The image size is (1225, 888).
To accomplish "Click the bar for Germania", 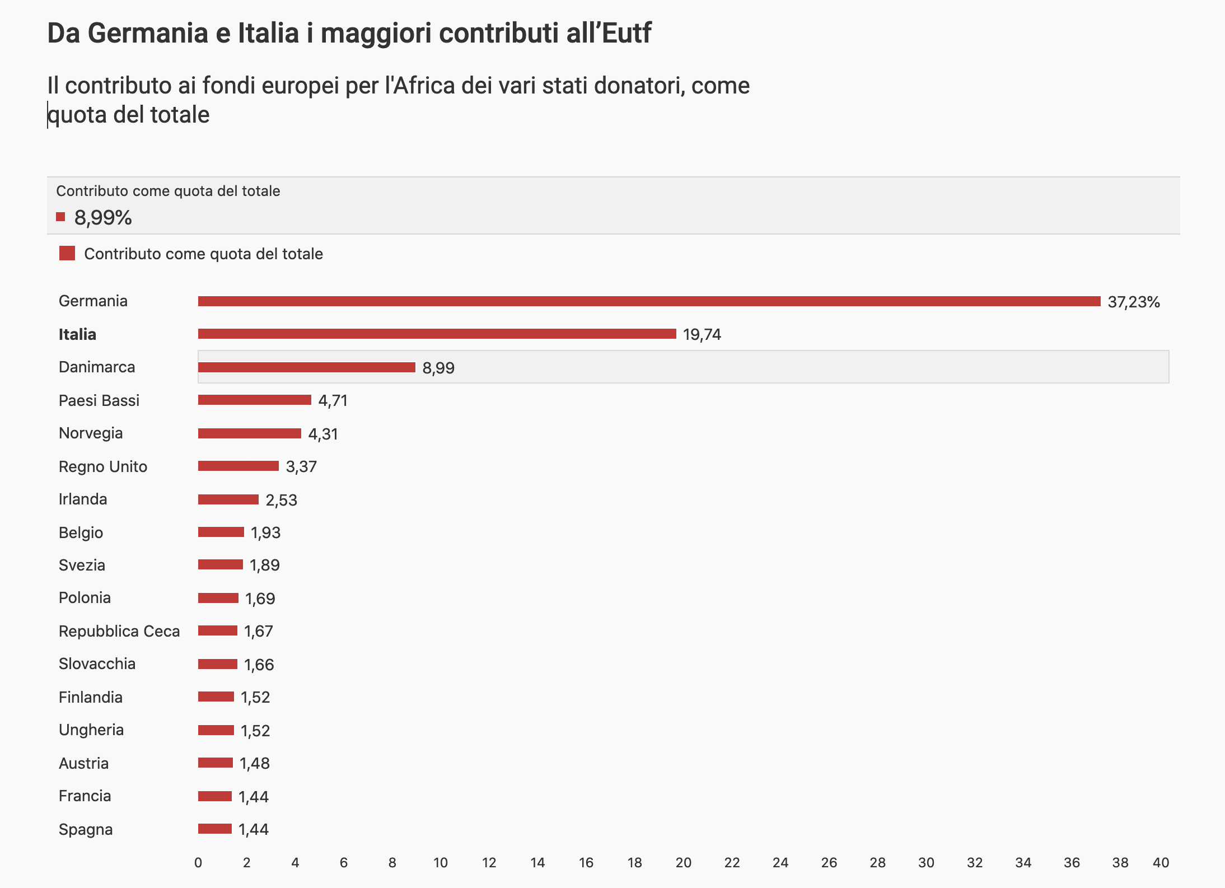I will [x=649, y=301].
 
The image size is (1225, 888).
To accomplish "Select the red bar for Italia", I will [x=437, y=334].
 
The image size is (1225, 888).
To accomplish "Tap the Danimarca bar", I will [x=306, y=367].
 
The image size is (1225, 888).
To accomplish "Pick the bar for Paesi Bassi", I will [x=254, y=400].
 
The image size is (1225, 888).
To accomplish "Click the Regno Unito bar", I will [x=238, y=466].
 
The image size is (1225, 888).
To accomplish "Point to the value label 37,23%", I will [x=1133, y=302].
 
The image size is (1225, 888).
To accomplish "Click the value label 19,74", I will [x=702, y=334].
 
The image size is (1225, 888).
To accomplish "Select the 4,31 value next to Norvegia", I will [x=322, y=434].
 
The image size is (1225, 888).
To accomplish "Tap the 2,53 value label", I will [x=281, y=500].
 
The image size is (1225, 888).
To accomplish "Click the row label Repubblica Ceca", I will [x=119, y=631].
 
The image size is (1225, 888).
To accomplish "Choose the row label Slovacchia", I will [x=97, y=663].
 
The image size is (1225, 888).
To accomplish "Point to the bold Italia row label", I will [x=77, y=334].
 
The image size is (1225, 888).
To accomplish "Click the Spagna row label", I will [x=86, y=829].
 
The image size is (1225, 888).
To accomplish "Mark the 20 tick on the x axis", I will [x=683, y=863].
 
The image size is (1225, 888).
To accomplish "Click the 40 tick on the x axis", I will [x=1161, y=863].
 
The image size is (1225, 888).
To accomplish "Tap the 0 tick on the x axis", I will [x=198, y=863].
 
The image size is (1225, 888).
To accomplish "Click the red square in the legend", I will [x=67, y=254].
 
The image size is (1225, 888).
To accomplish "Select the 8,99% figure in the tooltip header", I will [x=103, y=217].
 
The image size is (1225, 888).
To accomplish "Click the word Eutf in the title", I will [x=626, y=33].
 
